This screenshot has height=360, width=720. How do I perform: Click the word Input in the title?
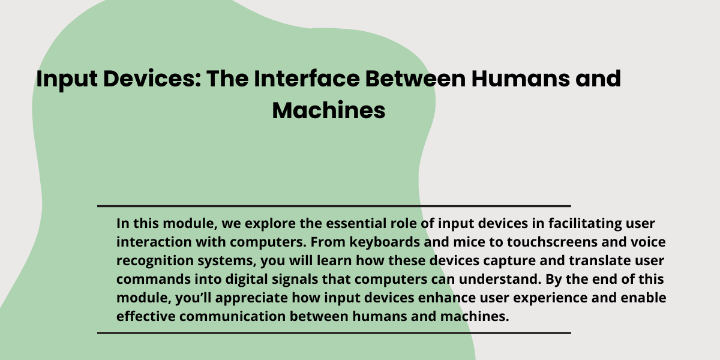(67, 79)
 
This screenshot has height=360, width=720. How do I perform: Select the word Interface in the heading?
(307, 79)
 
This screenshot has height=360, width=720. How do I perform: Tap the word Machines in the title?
(329, 110)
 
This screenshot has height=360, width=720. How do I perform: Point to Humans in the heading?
(520, 79)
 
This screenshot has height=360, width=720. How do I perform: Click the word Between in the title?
(415, 79)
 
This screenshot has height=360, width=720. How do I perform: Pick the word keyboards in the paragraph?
(385, 242)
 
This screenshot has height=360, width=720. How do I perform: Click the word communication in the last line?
(232, 316)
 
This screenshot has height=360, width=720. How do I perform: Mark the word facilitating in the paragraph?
(585, 224)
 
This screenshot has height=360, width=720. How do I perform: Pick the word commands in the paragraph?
(154, 280)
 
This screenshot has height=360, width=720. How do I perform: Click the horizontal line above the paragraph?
(334, 206)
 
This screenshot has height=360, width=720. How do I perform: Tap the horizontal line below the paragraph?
(334, 333)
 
